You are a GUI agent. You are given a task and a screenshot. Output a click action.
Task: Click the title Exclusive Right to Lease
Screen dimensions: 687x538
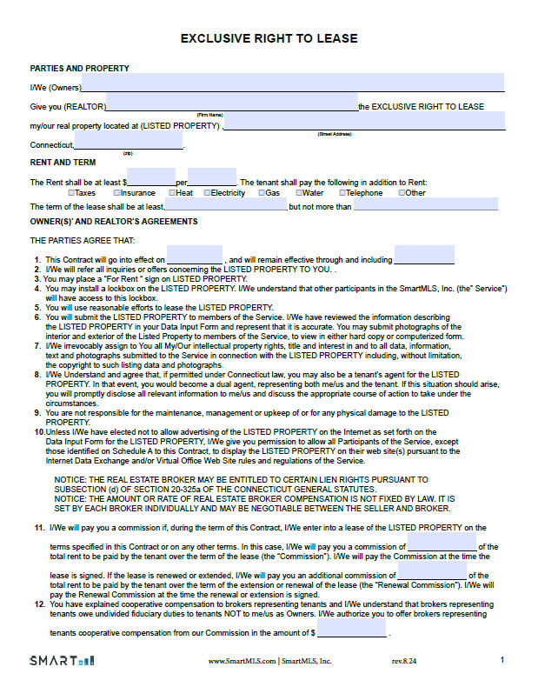click(x=269, y=39)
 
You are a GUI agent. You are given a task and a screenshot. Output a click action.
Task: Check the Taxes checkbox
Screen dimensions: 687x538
click(x=71, y=193)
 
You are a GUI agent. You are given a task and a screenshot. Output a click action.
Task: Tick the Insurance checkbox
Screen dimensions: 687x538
click(x=116, y=193)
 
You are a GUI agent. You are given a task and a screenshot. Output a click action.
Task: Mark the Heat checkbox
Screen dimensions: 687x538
click(x=171, y=193)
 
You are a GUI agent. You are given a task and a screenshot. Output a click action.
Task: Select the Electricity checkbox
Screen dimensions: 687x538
click(x=206, y=193)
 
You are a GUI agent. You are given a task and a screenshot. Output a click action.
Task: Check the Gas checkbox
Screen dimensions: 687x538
click(x=261, y=193)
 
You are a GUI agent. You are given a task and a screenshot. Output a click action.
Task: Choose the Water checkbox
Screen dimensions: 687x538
click(x=298, y=193)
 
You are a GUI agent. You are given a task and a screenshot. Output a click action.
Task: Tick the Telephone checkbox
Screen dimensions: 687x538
click(x=342, y=193)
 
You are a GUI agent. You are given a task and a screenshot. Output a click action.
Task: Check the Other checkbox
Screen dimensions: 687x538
click(x=402, y=193)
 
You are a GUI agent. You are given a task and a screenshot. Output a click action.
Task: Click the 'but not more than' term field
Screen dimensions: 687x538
click(x=425, y=204)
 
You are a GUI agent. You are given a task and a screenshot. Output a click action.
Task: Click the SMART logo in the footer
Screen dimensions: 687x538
click(x=63, y=661)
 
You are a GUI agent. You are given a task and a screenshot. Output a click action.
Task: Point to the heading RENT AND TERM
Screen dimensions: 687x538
click(x=63, y=163)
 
